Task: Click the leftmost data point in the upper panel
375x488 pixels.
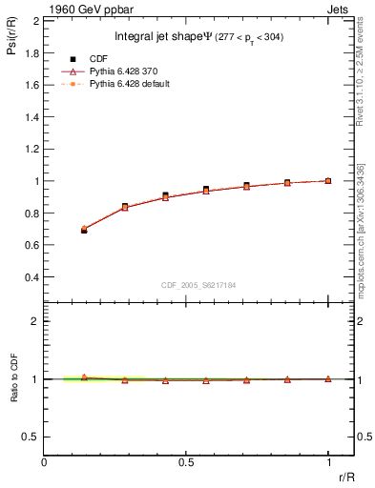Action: click(84, 230)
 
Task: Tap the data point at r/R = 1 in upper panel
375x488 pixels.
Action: click(327, 180)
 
